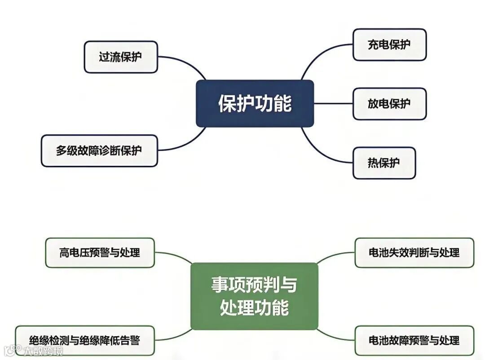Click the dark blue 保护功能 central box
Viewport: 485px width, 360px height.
(255, 103)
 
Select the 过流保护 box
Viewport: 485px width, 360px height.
(121, 57)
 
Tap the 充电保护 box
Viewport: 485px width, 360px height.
(389, 44)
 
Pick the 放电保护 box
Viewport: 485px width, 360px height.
(389, 104)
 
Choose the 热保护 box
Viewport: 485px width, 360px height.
(384, 163)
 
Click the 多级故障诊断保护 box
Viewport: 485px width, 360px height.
(99, 151)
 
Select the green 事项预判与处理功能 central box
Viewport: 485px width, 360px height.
(254, 296)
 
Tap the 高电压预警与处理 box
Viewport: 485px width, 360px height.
(100, 253)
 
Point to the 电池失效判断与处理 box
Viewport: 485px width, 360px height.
(414, 253)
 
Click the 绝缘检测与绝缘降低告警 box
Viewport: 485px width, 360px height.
(84, 340)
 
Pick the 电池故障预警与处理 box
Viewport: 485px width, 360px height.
(414, 340)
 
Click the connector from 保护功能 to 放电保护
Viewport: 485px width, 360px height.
(333, 104)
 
